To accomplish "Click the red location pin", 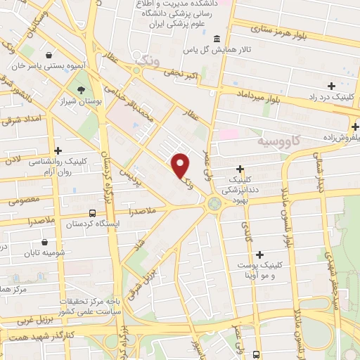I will tap(181, 164).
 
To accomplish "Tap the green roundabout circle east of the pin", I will tap(213, 205).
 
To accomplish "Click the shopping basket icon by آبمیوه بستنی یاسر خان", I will tap(49, 55).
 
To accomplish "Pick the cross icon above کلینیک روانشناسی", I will tap(58, 150).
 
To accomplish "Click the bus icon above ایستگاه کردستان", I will tap(92, 212).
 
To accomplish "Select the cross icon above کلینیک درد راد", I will tap(330, 86).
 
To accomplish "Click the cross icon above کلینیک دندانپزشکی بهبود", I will tap(240, 169).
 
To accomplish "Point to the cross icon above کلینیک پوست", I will tap(260, 255).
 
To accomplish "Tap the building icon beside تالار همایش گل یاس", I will tap(216, 39).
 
